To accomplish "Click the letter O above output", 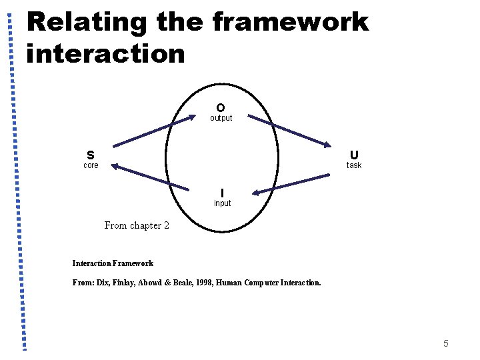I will (x=220, y=107).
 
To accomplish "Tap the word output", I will (x=221, y=118).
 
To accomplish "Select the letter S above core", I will (x=90, y=155).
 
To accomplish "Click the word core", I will (x=91, y=165).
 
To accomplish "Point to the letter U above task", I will (x=353, y=155).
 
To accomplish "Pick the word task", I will (x=353, y=165).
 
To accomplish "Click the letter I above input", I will (x=222, y=193).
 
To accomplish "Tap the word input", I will (x=222, y=203).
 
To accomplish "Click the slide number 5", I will (x=445, y=343).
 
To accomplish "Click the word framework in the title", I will (x=290, y=22).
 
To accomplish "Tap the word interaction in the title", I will (x=105, y=53).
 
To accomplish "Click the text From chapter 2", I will (x=137, y=225).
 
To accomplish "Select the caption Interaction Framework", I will (x=113, y=263).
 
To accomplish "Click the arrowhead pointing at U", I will (x=327, y=145).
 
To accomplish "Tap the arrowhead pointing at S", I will (x=114, y=166).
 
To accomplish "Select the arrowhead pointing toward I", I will (x=256, y=193).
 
